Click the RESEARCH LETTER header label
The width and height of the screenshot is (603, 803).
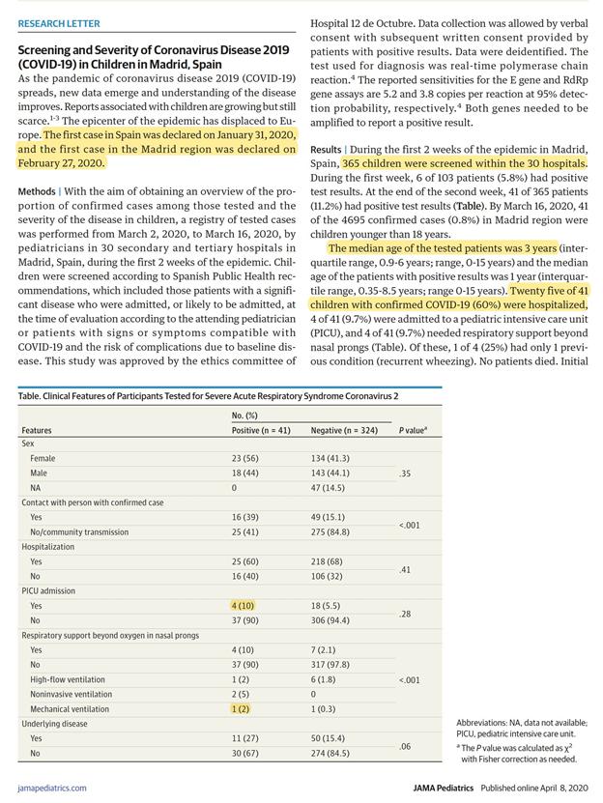tap(58, 23)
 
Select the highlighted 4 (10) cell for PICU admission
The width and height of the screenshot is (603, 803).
tap(244, 605)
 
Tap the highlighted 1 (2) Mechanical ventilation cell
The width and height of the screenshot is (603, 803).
tap(242, 708)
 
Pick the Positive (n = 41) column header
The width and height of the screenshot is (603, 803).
tap(261, 430)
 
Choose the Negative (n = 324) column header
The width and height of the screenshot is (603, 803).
tap(344, 430)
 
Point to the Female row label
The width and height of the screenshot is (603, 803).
tap(43, 458)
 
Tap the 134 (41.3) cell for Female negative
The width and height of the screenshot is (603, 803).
tap(330, 458)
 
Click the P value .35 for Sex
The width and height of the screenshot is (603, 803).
tap(405, 473)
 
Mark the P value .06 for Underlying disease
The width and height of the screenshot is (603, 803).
tap(405, 746)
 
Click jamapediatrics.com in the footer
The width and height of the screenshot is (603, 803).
tap(51, 788)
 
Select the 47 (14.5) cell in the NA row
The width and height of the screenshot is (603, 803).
tap(329, 488)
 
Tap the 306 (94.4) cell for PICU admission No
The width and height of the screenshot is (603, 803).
tap(330, 620)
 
